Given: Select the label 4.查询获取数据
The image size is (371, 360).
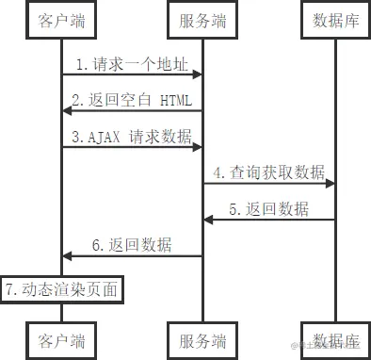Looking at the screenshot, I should [x=268, y=172].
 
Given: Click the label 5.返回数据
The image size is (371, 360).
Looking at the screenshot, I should [x=268, y=208].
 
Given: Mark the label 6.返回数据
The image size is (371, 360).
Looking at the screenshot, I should [x=133, y=244].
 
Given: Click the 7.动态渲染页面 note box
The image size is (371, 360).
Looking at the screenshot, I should [x=62, y=288].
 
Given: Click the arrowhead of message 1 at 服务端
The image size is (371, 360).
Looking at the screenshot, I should [x=198, y=75].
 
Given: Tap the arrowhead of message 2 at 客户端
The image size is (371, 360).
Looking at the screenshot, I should [x=68, y=111].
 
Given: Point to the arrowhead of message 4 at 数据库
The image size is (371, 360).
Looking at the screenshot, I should [x=331, y=183].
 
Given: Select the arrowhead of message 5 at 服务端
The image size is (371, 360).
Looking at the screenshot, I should [x=208, y=219].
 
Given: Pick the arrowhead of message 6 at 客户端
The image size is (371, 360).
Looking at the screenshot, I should [x=68, y=254].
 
